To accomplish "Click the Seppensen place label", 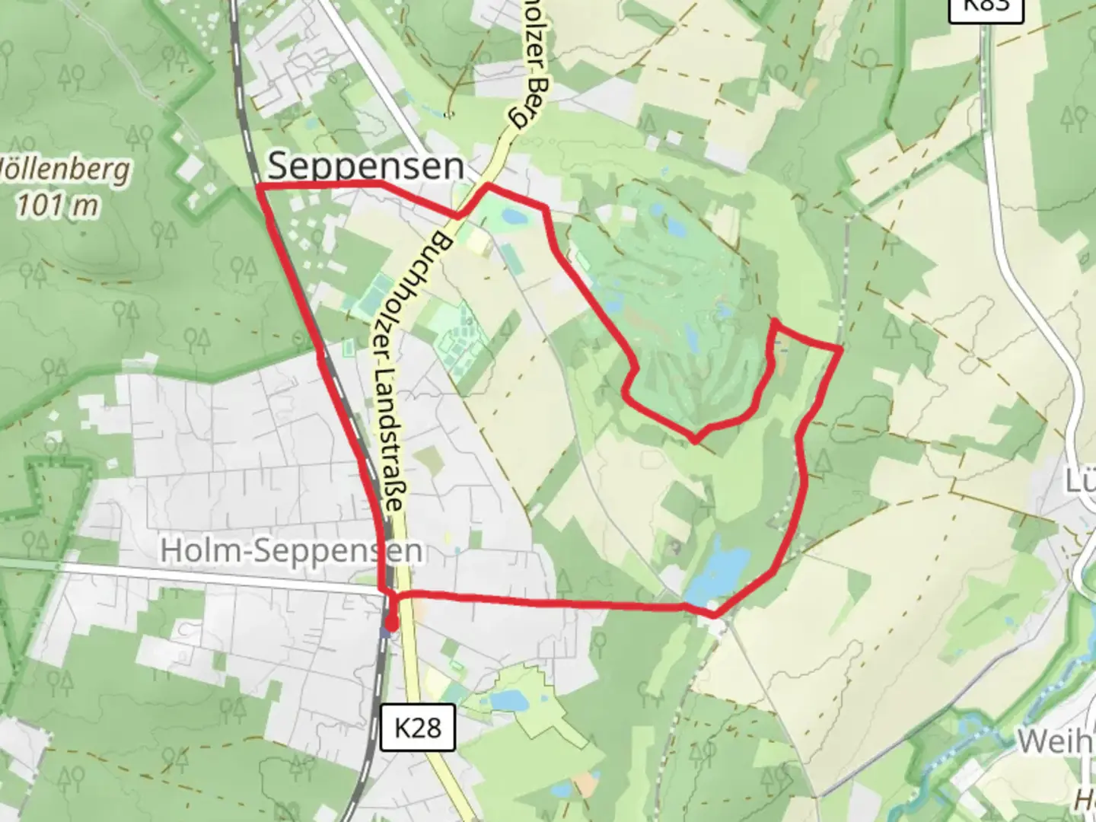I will [x=365, y=165].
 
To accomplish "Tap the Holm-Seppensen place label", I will [x=292, y=551].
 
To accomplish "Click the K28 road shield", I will [x=418, y=728].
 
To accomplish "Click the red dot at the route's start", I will [x=390, y=625].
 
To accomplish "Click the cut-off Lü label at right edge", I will [x=1081, y=481].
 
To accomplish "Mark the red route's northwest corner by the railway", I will [x=260, y=186].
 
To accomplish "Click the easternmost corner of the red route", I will [x=840, y=349].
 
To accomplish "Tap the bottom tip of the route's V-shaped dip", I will [x=696, y=440].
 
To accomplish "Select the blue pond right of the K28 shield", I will [x=504, y=699].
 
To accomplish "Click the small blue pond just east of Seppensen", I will [x=513, y=218].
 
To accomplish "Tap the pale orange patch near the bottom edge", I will [x=585, y=783].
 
